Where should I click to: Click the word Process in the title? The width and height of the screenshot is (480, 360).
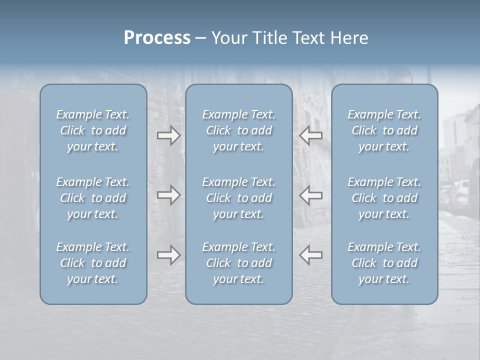(157, 38)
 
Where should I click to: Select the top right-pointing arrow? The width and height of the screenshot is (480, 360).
(168, 135)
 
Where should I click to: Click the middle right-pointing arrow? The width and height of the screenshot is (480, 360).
(168, 195)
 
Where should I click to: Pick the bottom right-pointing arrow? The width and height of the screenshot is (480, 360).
(168, 255)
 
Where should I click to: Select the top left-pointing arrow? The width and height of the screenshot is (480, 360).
(311, 135)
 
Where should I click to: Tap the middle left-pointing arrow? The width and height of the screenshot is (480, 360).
(311, 195)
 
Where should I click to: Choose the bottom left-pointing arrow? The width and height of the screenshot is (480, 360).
(311, 255)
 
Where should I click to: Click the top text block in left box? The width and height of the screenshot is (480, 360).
(93, 130)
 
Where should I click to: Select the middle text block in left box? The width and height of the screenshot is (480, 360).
(93, 198)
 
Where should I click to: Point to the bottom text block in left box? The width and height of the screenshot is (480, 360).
(93, 263)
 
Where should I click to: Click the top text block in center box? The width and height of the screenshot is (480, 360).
(239, 130)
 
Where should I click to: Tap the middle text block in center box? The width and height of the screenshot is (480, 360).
(239, 198)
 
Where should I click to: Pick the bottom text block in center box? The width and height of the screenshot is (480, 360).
(239, 263)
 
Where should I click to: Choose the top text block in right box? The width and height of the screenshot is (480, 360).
(384, 130)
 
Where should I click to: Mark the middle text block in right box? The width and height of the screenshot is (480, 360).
(384, 198)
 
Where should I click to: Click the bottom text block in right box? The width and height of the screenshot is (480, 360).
(384, 263)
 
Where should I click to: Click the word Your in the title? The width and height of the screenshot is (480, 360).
(228, 38)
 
